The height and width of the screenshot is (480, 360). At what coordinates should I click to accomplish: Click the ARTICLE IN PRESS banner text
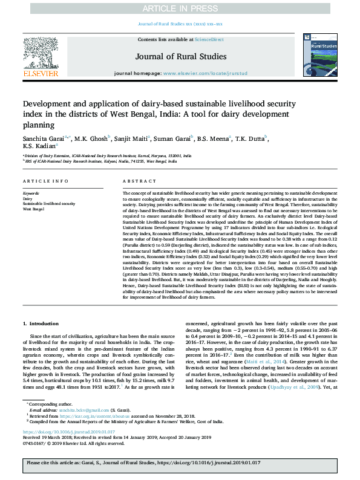click(180, 8)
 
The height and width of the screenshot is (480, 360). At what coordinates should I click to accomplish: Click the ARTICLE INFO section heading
click(42, 181)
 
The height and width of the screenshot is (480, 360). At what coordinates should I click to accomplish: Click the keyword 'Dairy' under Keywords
click(27, 198)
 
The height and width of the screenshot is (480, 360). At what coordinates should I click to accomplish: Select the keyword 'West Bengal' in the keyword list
click(34, 209)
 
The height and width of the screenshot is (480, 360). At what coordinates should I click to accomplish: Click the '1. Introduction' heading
click(41, 324)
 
